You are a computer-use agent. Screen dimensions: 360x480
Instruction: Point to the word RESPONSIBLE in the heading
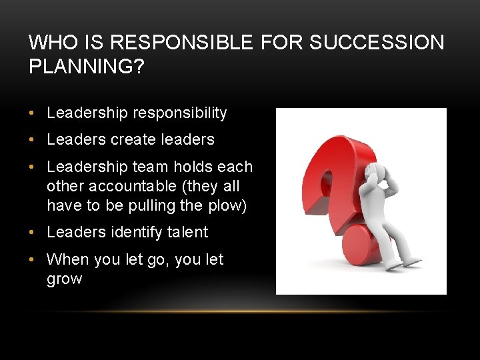click(181, 43)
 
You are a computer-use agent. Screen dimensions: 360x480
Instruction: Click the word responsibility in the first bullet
click(180, 113)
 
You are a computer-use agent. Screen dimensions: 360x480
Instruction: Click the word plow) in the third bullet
click(227, 206)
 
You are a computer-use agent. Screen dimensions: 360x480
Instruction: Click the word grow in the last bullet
click(64, 279)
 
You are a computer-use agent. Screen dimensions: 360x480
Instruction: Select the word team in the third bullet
click(141, 166)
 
